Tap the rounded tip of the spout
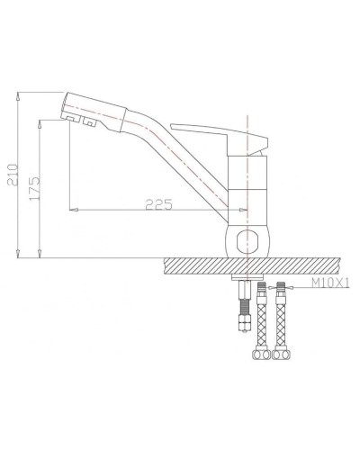tap(68, 103)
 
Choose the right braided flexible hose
tap(282, 319)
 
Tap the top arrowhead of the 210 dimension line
tap(21, 93)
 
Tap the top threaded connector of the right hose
tap(282, 291)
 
